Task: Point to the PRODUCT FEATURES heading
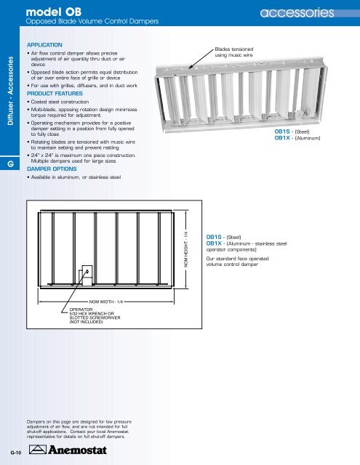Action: click(x=62, y=94)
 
